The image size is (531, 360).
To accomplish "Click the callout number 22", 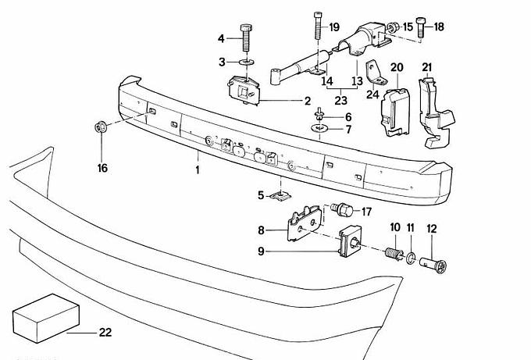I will (x=105, y=333).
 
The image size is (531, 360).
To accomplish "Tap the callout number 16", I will (x=102, y=168).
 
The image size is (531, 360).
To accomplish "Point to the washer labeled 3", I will (x=246, y=61).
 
